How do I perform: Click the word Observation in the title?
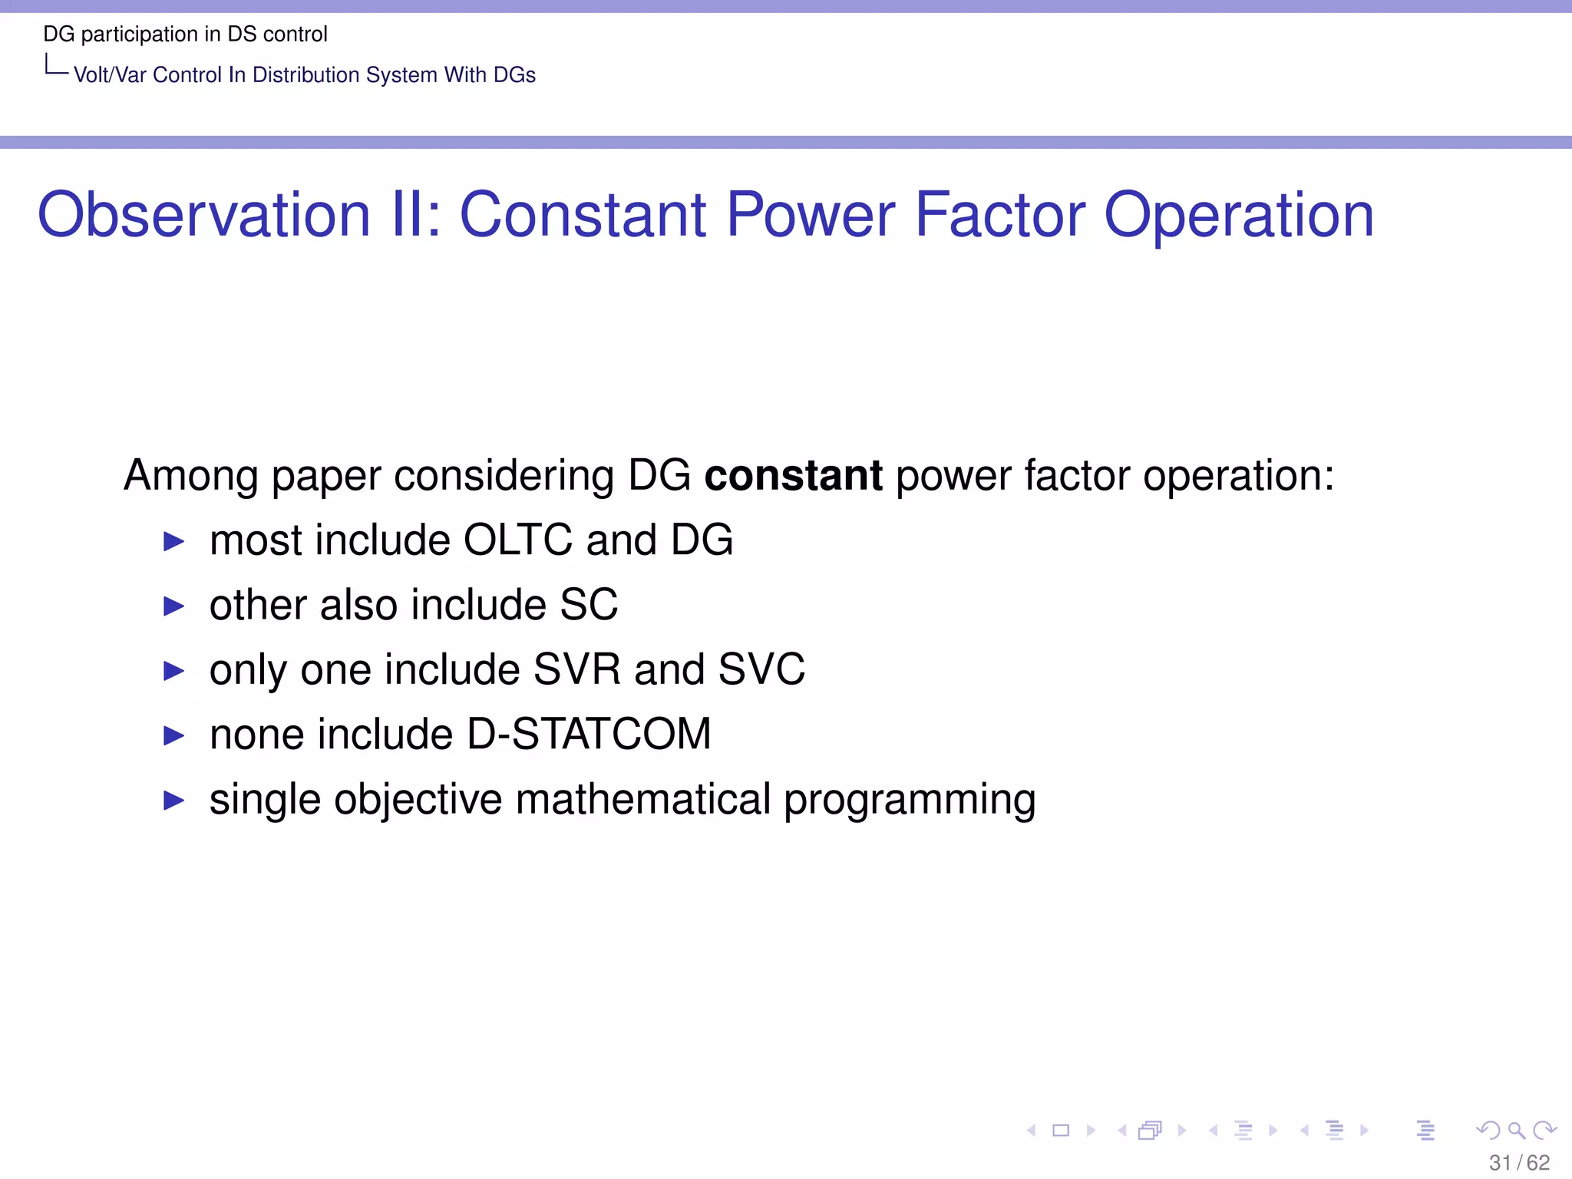(203, 216)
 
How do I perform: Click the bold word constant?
(793, 475)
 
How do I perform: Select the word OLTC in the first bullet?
(518, 540)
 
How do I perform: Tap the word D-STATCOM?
(589, 735)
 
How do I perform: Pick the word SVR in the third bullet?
(576, 669)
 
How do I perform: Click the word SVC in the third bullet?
(761, 669)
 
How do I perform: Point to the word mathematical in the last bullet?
(642, 800)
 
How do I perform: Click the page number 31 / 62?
(1518, 1162)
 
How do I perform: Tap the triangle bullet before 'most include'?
(174, 542)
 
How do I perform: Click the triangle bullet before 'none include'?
(174, 736)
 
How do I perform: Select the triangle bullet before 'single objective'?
(174, 801)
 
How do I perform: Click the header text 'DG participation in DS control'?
(185, 35)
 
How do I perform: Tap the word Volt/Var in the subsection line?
(110, 75)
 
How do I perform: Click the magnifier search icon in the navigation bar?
(1515, 1130)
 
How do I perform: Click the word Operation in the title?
(1238, 216)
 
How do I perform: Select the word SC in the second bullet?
(589, 605)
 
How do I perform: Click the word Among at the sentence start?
(191, 475)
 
